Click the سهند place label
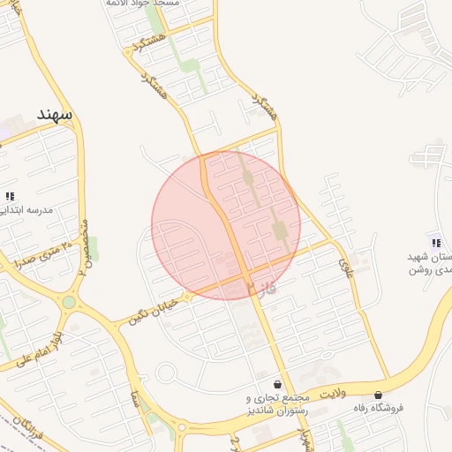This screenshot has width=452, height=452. pyautogui.click(x=56, y=114)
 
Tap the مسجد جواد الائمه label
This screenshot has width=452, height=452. pyautogui.click(x=142, y=4)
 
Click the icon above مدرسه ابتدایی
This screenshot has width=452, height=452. pyautogui.click(x=10, y=196)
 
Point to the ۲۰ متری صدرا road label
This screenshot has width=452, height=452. pyautogui.click(x=35, y=254)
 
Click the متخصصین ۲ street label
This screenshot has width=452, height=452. pyautogui.click(x=83, y=246)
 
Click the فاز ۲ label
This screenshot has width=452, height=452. pyautogui.click(x=262, y=288)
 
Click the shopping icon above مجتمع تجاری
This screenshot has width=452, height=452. pyautogui.click(x=279, y=385)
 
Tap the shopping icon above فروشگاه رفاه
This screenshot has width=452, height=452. pyautogui.click(x=379, y=395)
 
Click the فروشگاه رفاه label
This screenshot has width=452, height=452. pyautogui.click(x=381, y=408)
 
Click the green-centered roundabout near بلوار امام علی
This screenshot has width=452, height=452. pyautogui.click(x=69, y=302)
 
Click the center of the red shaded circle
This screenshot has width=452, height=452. pyautogui.click(x=226, y=225)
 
